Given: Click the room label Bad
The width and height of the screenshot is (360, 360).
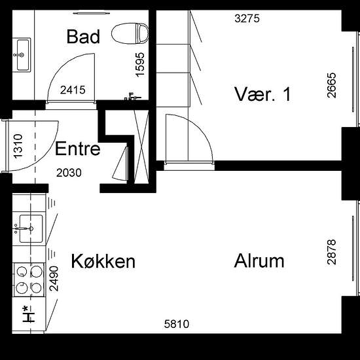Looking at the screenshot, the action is (83, 37).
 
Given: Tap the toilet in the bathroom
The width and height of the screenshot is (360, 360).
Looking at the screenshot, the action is (130, 33).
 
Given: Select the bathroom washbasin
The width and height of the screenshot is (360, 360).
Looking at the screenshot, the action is (22, 55).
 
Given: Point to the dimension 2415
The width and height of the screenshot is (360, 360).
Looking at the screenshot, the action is (73, 90).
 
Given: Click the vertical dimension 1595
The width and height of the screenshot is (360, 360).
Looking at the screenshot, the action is (140, 65).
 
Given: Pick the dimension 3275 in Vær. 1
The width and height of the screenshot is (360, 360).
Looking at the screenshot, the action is (247, 18).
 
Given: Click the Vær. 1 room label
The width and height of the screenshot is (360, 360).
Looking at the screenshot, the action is (262, 94).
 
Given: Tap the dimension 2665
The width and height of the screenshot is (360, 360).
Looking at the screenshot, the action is (332, 85).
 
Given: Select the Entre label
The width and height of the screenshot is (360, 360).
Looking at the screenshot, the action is (78, 149).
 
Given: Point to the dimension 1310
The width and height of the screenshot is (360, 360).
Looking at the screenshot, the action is (18, 146).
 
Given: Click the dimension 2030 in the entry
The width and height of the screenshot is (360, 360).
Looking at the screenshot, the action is (69, 173).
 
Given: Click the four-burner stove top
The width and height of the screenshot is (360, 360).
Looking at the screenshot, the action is (29, 279).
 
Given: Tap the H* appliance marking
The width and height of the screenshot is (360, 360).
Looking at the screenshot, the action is (28, 314).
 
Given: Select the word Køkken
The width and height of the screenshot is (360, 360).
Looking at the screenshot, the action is (103, 261).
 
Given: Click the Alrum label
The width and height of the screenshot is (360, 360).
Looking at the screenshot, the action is (259, 261).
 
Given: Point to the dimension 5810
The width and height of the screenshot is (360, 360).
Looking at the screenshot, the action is (177, 324).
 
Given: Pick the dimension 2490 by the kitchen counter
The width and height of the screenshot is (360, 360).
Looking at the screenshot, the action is (54, 278).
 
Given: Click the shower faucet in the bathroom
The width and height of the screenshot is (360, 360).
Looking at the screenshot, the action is (132, 96).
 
